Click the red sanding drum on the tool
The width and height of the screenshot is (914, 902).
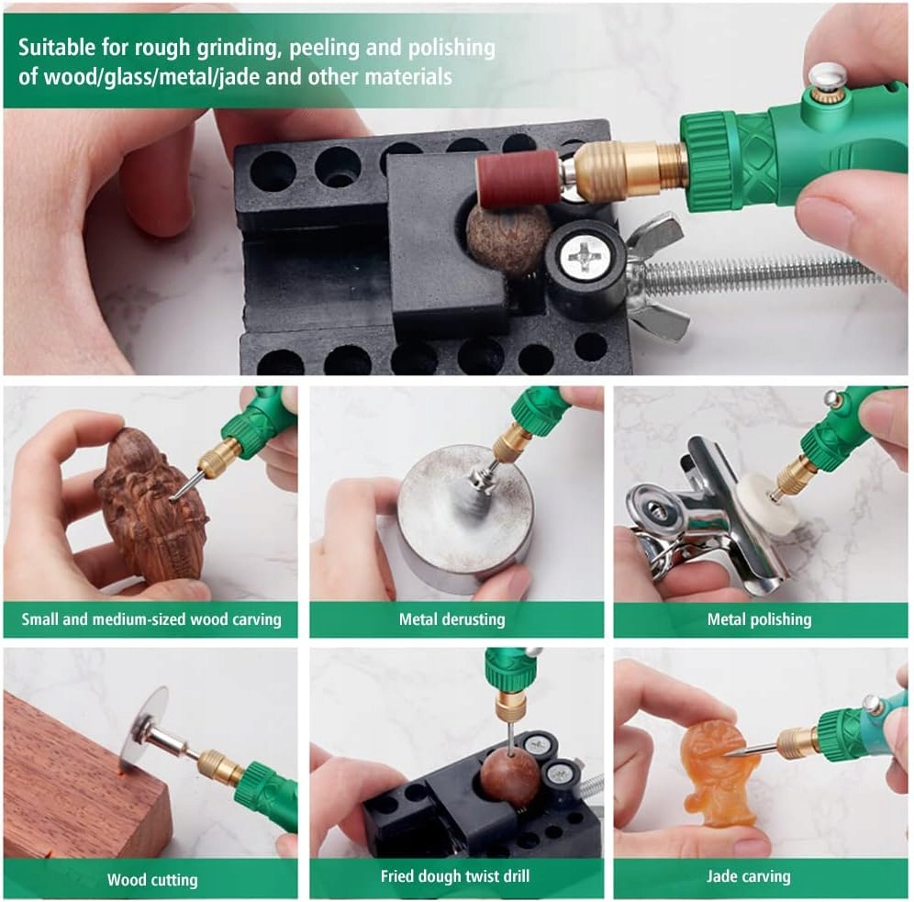pyautogui.click(x=518, y=178)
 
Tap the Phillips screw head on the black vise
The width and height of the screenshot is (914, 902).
pyautogui.click(x=585, y=255)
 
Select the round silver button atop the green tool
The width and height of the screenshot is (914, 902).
pyautogui.click(x=827, y=75)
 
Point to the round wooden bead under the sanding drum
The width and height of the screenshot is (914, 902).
pyautogui.click(x=508, y=239)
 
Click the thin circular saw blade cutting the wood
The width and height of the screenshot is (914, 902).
pyautogui.click(x=143, y=729)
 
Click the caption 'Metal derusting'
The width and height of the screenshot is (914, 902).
pyautogui.click(x=451, y=618)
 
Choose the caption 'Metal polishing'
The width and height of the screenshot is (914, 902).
pyautogui.click(x=759, y=618)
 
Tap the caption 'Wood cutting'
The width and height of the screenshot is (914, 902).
pyautogui.click(x=152, y=879)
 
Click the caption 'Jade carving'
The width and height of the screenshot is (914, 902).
pyautogui.click(x=749, y=875)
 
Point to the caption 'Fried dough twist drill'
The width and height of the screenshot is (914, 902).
pyautogui.click(x=454, y=875)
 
